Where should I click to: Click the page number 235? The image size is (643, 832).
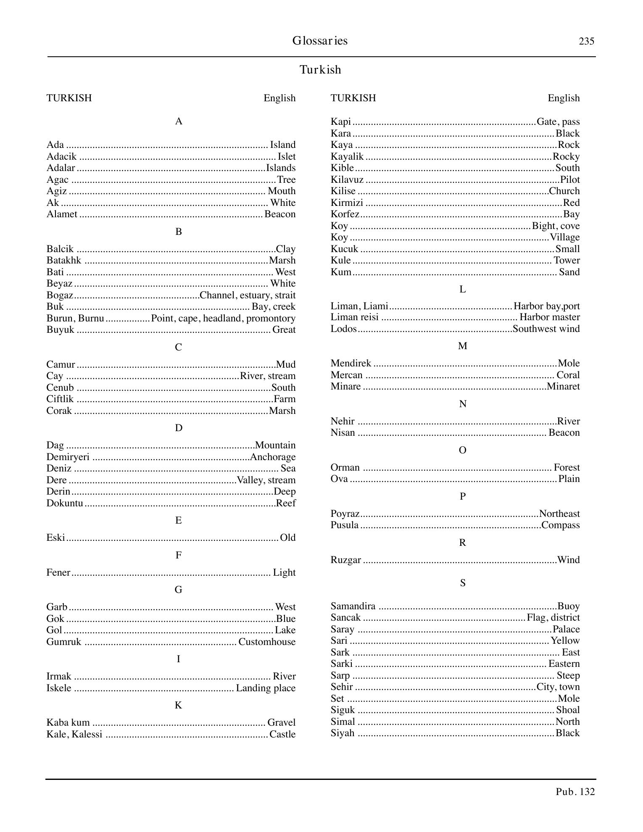586,41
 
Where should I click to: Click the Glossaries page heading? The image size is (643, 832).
320,41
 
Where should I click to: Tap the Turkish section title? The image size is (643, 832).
320,70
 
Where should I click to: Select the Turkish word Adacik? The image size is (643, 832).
61,157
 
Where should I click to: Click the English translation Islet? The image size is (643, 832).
287,157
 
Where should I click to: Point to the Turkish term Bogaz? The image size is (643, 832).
60,295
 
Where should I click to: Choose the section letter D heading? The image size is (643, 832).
178,428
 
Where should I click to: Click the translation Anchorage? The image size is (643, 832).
273,457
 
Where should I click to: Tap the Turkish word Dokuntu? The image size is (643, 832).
65,503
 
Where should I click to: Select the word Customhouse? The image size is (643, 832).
267,642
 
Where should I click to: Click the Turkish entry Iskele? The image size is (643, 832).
59,688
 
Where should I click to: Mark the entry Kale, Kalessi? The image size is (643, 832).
74,735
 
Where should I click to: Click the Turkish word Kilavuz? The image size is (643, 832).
347,180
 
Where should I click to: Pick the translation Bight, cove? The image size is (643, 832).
556,226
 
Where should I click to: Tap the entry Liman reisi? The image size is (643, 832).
354,317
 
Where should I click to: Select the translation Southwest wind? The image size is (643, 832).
546,329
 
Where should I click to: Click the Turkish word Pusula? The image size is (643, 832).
345,525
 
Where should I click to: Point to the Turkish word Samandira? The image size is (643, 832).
353,606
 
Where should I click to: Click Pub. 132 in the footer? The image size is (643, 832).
575,792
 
